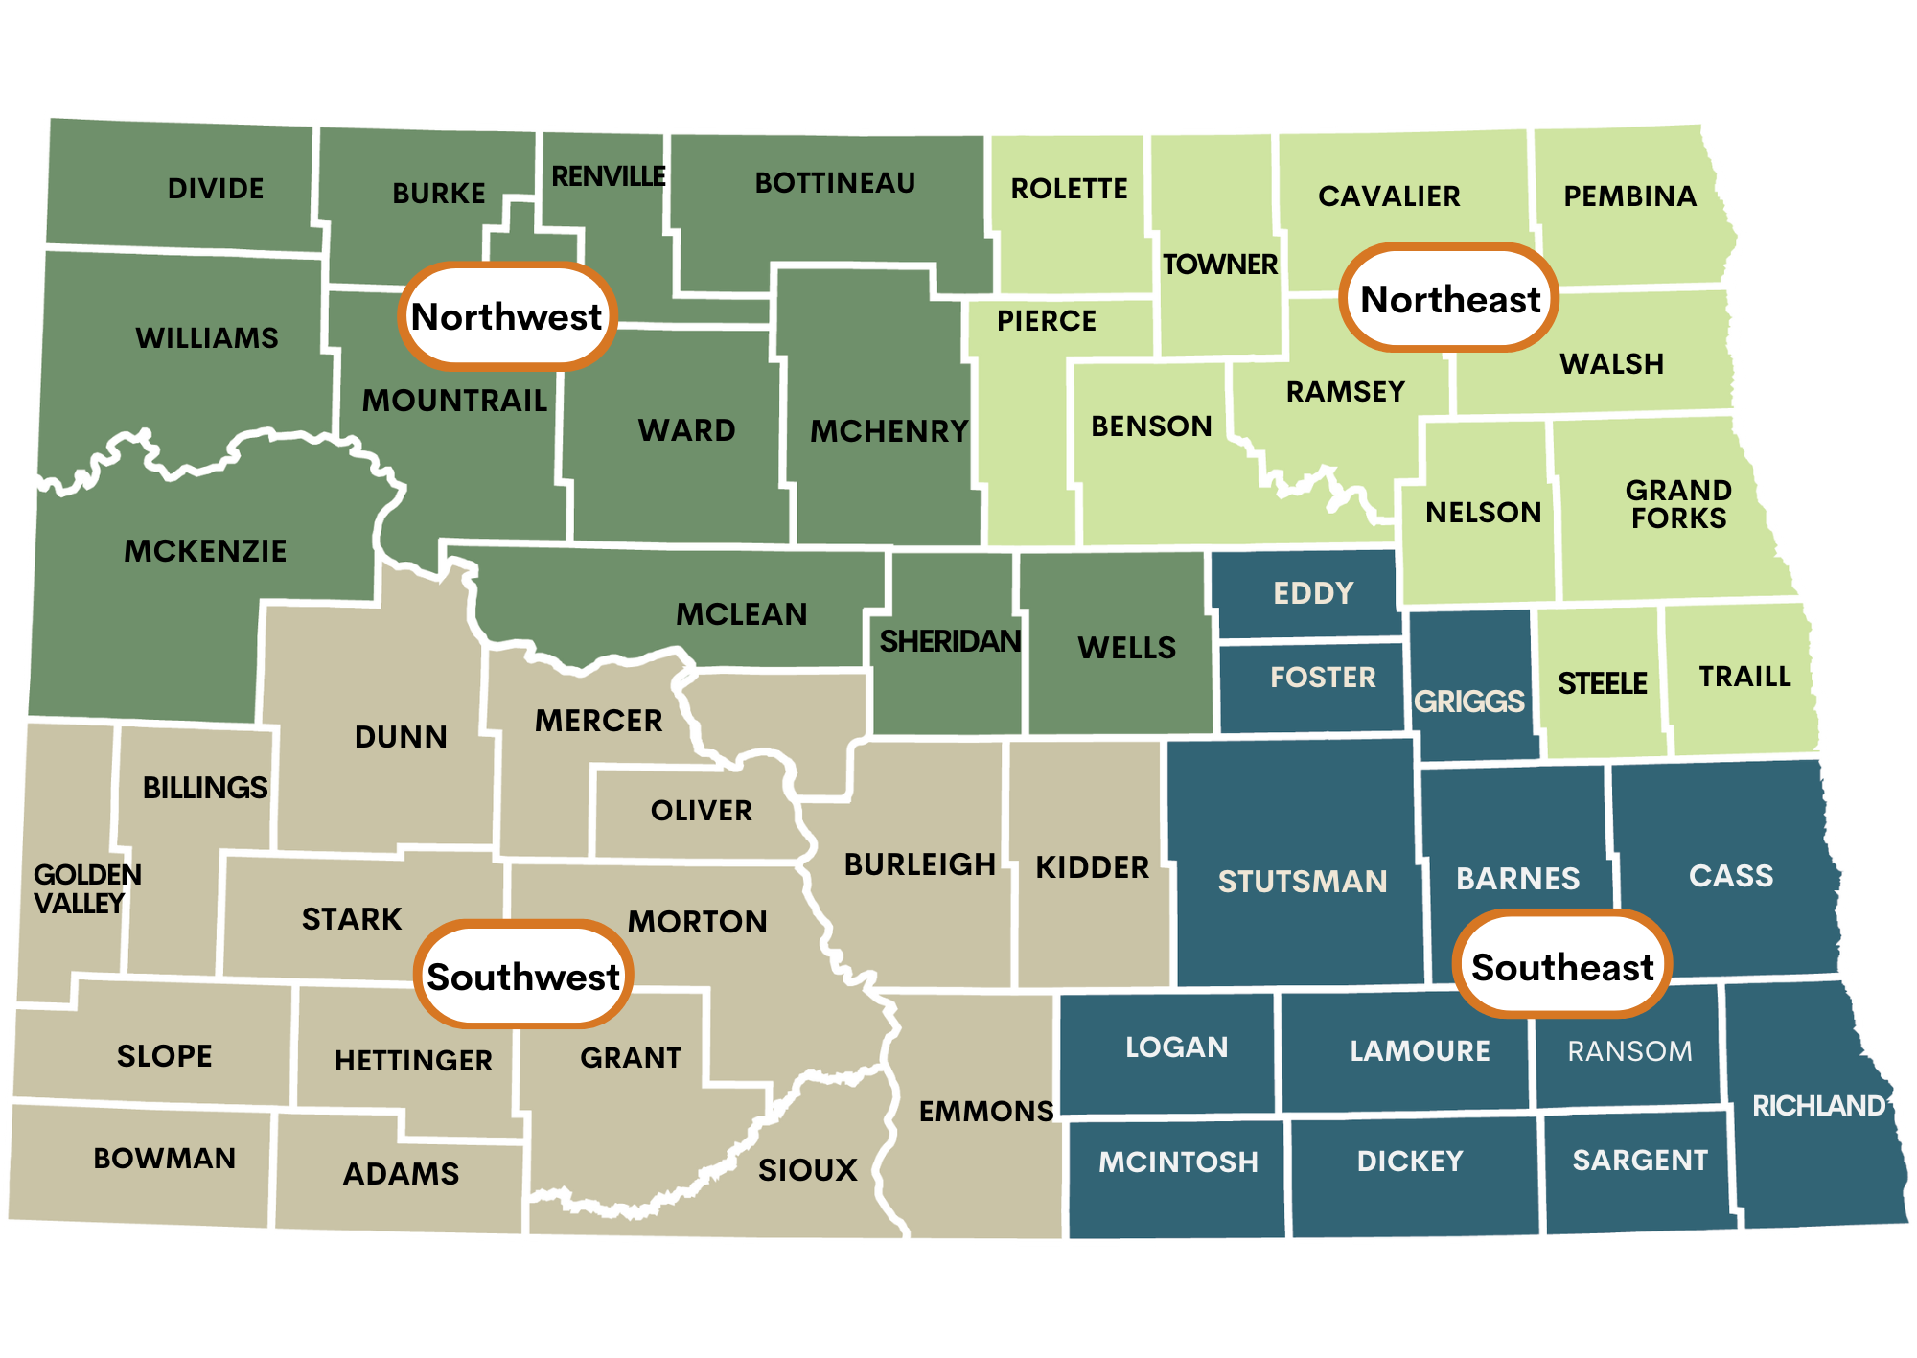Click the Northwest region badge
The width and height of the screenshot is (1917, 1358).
point(507,316)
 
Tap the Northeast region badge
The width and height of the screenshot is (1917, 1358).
point(1449,298)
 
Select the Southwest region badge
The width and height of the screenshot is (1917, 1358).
point(523,976)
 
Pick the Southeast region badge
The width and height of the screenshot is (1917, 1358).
point(1562,966)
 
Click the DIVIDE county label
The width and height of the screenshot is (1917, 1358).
point(216,189)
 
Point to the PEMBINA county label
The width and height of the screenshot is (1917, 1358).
point(1629,196)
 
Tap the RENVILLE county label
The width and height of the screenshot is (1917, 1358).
point(609,176)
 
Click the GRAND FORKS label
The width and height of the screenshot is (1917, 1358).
point(1678,504)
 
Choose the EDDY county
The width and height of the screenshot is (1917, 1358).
point(1313,593)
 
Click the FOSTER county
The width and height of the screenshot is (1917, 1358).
point(1323,678)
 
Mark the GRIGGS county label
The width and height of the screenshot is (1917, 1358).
point(1468,702)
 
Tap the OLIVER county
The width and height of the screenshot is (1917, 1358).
point(701,811)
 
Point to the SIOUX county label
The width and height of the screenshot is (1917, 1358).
point(807,1169)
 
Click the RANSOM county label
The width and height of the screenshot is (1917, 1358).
point(1629,1051)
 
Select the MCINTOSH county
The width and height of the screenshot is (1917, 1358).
point(1178,1162)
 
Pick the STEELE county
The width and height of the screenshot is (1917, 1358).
point(1602,683)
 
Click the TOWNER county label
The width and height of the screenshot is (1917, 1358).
point(1219,265)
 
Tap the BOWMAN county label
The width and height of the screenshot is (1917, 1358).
point(164,1158)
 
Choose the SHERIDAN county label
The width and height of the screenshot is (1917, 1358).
point(950,641)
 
